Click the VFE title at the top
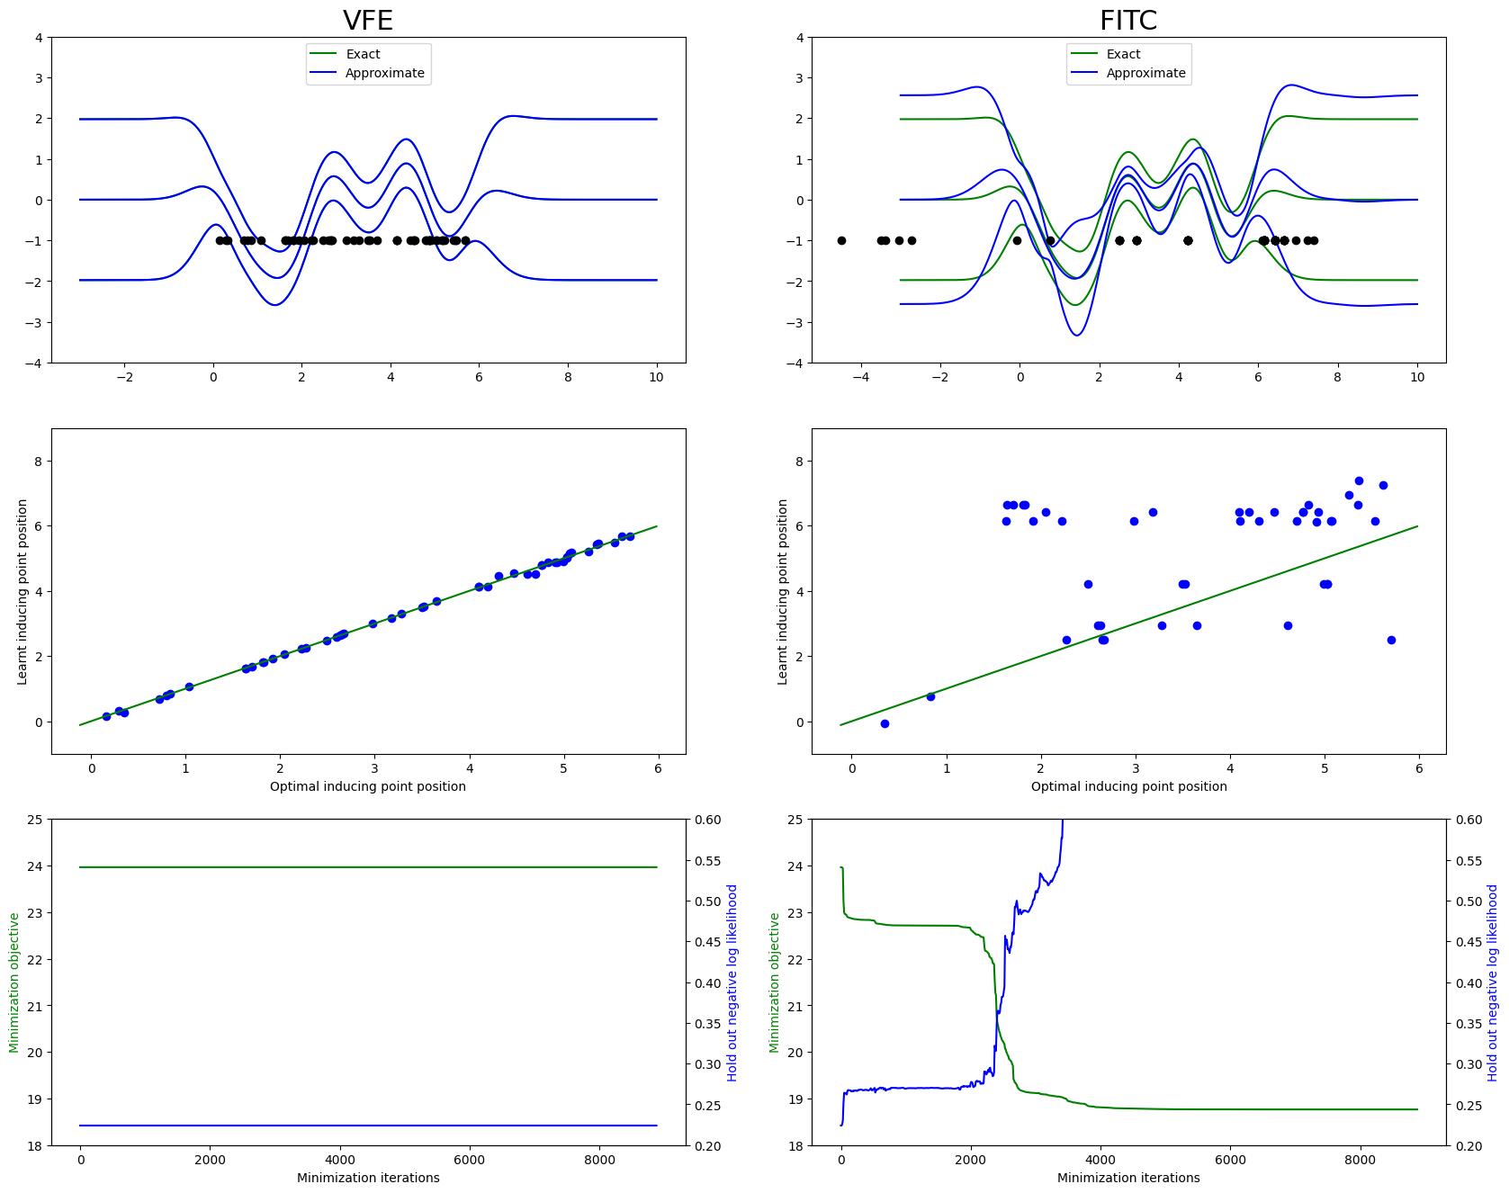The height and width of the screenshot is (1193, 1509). [368, 20]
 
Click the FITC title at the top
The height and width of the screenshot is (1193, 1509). [1128, 20]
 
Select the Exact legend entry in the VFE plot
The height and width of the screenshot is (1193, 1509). [363, 54]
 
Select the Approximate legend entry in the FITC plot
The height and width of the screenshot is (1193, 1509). [1145, 73]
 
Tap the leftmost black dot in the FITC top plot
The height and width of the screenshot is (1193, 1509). [841, 240]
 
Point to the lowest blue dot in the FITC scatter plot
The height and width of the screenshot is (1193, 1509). [885, 723]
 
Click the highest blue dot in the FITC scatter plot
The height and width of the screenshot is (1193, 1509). [1359, 480]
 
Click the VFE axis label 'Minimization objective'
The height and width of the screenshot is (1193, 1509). [14, 982]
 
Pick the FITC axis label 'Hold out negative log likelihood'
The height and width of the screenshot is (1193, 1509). [1493, 982]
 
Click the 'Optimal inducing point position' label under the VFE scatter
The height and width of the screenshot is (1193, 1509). [368, 786]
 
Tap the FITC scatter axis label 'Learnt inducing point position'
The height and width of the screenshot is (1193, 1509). [783, 592]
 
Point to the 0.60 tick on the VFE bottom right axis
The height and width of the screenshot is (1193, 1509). [707, 820]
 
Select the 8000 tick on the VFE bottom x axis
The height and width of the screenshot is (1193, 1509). [599, 1160]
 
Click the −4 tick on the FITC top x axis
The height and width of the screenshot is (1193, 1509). [861, 377]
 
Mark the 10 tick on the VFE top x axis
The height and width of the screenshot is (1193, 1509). [656, 377]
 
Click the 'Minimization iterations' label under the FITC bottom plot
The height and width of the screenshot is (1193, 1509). [1128, 1178]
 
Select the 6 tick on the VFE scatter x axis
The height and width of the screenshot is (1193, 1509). [658, 768]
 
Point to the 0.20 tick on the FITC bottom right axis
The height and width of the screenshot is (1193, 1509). [1469, 1145]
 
